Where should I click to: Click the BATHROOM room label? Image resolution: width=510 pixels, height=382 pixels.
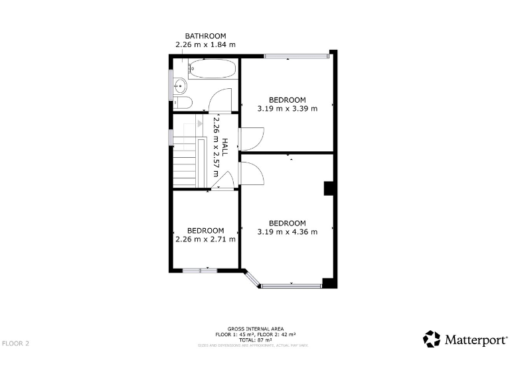click(x=205, y=36)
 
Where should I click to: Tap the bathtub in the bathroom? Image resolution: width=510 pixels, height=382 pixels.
click(x=211, y=69)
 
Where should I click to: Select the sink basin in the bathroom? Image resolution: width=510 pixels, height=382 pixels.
click(x=179, y=85)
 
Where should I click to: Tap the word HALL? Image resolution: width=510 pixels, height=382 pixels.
click(x=225, y=147)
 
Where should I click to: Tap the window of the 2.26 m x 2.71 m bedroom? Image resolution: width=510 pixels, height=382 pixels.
click(x=200, y=270)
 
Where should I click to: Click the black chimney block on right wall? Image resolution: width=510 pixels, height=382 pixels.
click(x=328, y=189)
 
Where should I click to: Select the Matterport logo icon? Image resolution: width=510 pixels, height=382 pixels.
click(x=432, y=339)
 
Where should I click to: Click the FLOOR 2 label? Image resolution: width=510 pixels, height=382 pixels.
click(x=16, y=344)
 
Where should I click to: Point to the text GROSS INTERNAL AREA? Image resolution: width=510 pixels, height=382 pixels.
click(x=256, y=329)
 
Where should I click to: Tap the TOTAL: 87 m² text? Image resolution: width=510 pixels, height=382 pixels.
click(x=256, y=340)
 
